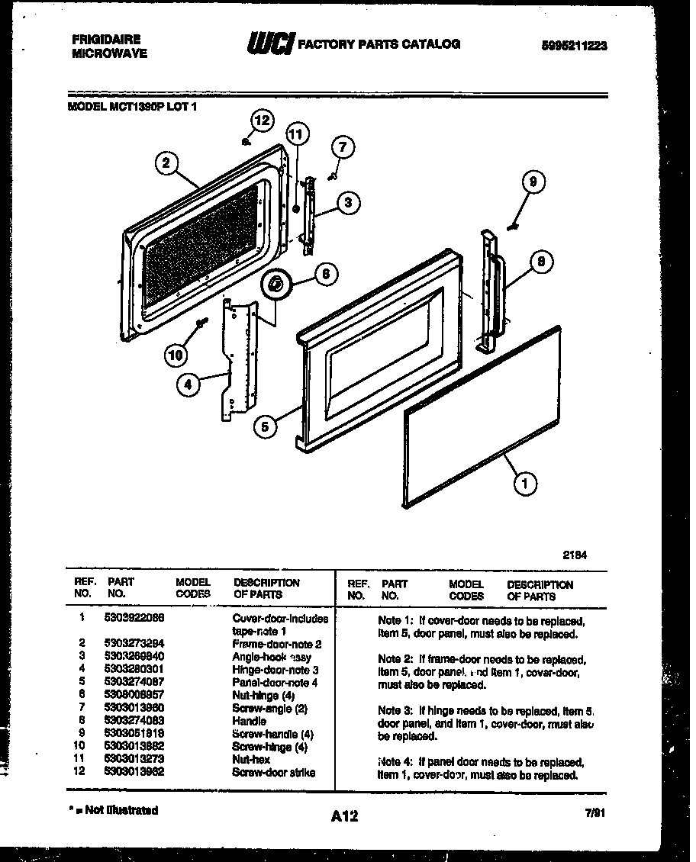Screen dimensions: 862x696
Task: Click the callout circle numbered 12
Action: tap(262, 121)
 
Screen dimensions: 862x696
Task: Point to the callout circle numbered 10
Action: tap(176, 355)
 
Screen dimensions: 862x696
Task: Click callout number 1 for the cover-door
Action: tap(525, 482)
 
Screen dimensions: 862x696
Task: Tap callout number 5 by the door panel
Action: tap(265, 428)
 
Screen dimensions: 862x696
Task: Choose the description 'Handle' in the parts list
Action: tap(250, 721)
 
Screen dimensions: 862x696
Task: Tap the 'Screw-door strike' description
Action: tap(273, 772)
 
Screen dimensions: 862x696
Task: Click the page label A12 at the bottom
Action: tap(345, 816)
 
